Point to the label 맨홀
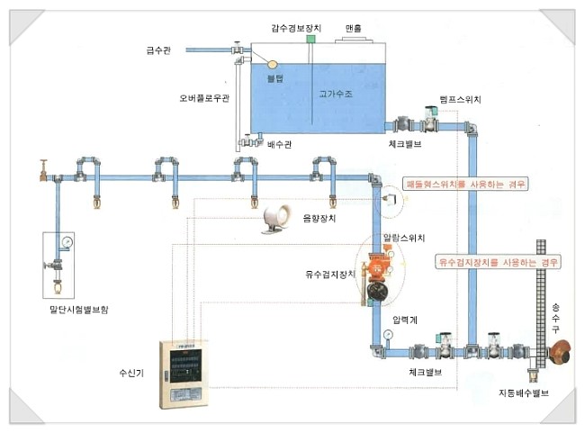pyautogui.click(x=353, y=29)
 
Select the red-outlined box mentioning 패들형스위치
pyautogui.click(x=465, y=184)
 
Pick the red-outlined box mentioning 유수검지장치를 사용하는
pyautogui.click(x=498, y=262)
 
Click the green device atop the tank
pyautogui.click(x=310, y=38)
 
